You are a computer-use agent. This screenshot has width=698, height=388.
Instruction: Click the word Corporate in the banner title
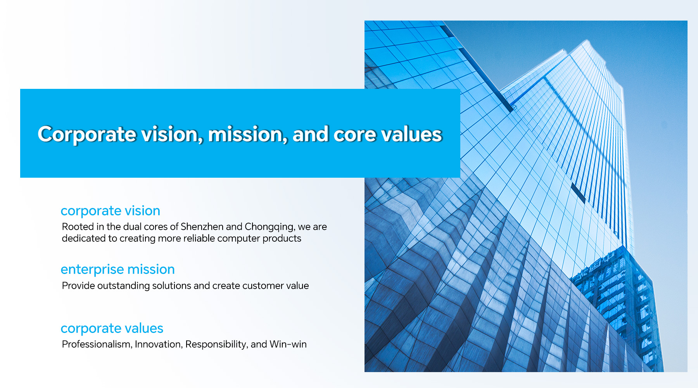[x=87, y=135]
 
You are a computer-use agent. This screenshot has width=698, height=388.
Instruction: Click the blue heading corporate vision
[x=111, y=211]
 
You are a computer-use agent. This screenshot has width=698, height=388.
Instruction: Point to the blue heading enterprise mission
[x=118, y=270]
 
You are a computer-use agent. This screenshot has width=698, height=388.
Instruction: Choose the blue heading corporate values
[x=112, y=329]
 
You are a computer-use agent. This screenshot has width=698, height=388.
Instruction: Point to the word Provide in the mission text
[x=78, y=286]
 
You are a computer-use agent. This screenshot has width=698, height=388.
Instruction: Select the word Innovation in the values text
[x=159, y=344]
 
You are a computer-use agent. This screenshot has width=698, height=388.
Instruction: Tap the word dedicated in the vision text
[x=83, y=238]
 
